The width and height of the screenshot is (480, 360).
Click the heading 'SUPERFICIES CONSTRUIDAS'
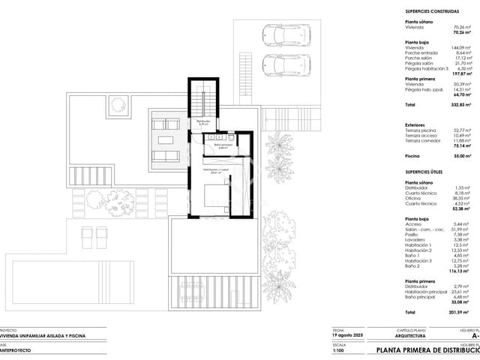(432, 12)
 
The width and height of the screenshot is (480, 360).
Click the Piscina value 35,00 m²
(463, 158)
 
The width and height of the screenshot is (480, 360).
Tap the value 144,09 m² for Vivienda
(463, 48)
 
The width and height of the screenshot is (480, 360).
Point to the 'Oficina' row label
(414, 197)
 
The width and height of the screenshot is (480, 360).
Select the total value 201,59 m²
(462, 311)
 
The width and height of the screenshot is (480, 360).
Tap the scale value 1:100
(340, 350)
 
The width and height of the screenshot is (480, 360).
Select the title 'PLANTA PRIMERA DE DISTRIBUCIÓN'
(427, 350)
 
